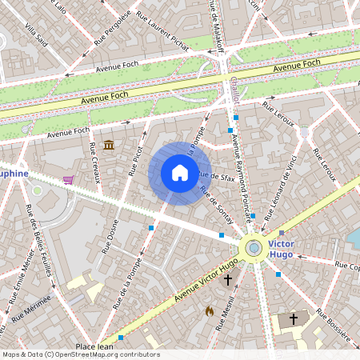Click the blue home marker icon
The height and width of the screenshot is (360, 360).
180,173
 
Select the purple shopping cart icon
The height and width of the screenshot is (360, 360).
68,180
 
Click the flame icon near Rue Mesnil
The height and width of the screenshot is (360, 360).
210,310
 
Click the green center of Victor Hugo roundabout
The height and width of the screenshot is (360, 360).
254,248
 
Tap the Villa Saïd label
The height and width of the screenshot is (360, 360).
37,36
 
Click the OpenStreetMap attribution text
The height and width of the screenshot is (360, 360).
81,354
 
